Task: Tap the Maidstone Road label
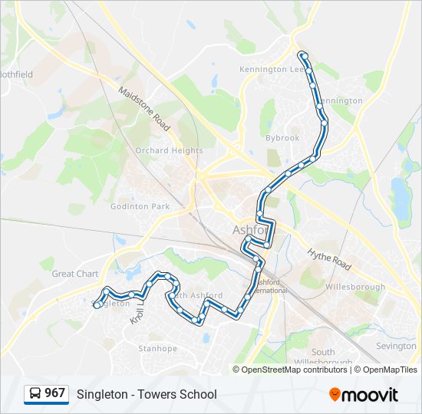coord(144,108)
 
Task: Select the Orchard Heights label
coord(169,151)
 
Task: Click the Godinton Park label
coord(140,206)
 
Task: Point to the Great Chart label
coord(75,274)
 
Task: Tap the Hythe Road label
coord(329,259)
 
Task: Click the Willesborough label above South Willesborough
coord(354,287)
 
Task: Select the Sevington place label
coord(396,346)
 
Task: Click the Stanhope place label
coord(157,348)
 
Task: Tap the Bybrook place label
coord(282,138)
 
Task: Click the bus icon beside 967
coord(35,394)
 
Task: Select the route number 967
coord(54,394)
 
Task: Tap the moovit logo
coord(364,394)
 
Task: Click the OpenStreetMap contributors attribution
coord(294,370)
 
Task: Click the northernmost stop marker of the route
coord(304,55)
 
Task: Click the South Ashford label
coord(198,295)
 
